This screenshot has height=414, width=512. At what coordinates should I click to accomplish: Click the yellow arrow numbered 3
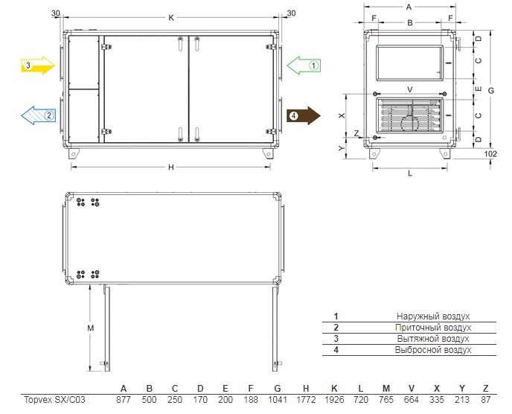coord(38,66)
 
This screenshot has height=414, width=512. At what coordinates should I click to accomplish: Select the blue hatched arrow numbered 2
coord(39,115)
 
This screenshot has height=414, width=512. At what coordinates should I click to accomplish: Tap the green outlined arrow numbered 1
coord(304,66)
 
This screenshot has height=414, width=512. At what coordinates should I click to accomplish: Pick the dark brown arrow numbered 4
coord(304,115)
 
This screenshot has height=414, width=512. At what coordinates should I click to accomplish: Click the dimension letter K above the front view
coord(171,18)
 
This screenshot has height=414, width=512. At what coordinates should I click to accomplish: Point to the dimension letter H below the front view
coord(171,168)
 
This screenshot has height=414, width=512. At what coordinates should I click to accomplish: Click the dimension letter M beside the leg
coord(91,328)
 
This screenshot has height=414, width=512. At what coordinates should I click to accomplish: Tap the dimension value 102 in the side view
coord(490,153)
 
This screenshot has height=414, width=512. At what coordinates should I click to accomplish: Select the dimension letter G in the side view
coord(491,91)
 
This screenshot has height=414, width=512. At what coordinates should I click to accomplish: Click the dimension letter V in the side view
coord(410,89)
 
